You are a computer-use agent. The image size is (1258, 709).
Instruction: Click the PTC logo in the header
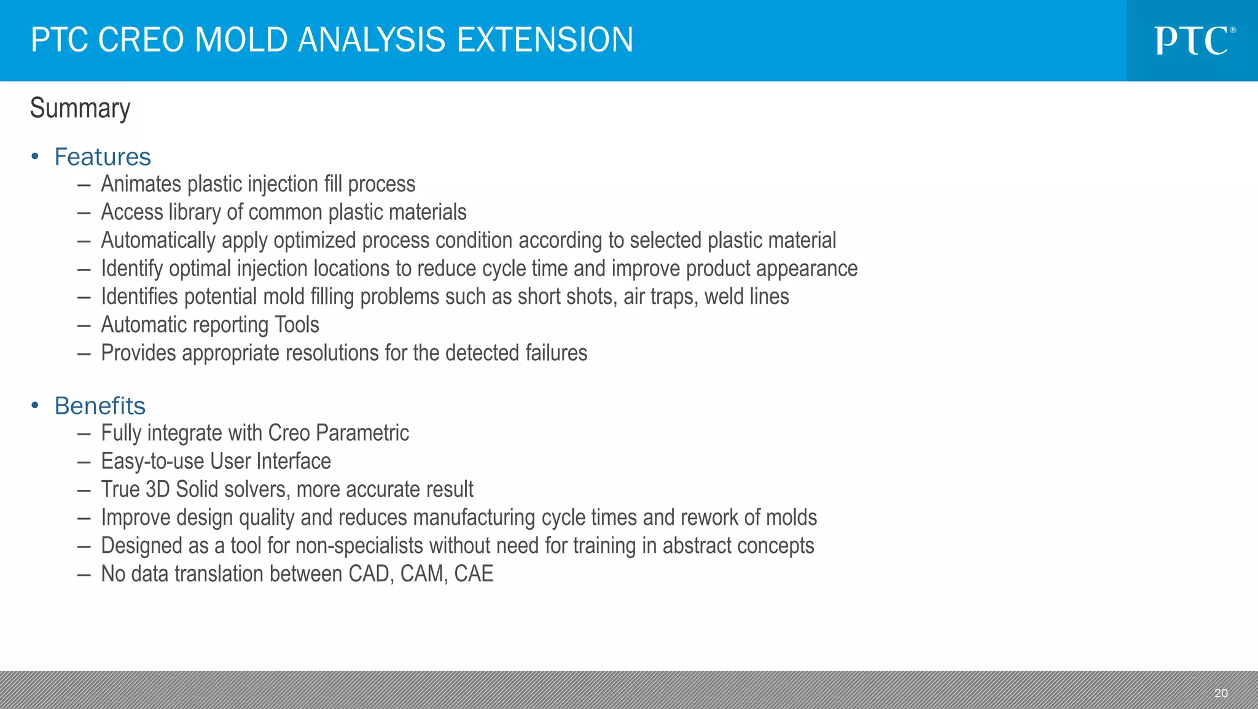(1193, 41)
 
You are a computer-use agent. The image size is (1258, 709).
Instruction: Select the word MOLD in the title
(241, 40)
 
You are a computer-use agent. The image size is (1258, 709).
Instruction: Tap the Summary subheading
(80, 109)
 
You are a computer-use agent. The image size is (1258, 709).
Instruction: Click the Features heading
(103, 157)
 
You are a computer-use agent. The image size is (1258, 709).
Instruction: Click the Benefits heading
(100, 406)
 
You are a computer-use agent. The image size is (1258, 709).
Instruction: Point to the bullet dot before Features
(35, 157)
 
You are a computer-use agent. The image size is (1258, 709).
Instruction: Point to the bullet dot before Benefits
(35, 405)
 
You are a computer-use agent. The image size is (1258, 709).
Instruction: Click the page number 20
(1221, 693)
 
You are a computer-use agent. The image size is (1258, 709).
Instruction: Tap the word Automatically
(158, 241)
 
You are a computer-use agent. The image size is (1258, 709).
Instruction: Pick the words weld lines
(746, 297)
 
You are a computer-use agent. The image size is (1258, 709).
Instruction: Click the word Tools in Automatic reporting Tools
(297, 325)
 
